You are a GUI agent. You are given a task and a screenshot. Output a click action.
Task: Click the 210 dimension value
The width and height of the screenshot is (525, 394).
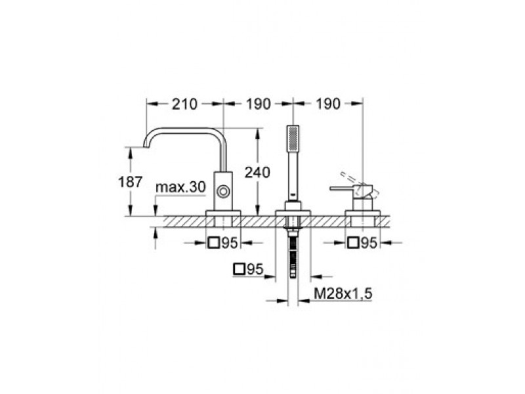point(184,104)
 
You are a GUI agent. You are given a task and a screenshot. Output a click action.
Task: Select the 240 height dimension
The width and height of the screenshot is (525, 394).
point(257,173)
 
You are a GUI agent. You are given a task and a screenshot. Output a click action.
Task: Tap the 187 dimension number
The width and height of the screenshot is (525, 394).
point(131,182)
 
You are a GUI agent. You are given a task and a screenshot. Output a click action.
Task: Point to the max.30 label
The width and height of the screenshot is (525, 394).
point(180,187)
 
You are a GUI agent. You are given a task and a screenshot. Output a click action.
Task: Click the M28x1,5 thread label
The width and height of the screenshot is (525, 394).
point(343,294)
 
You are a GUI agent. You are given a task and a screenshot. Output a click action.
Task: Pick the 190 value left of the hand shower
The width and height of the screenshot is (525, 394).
point(258,104)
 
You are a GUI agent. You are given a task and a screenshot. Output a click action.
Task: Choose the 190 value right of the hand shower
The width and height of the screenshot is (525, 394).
point(327,104)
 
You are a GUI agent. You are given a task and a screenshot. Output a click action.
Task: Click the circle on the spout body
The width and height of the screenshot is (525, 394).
point(223,192)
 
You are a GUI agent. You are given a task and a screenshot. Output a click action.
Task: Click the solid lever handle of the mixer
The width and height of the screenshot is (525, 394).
point(345,188)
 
